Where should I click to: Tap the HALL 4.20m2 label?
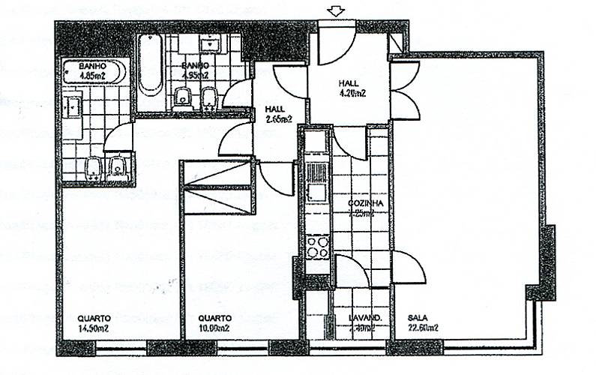coord(351,88)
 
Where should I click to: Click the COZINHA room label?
coord(366,208)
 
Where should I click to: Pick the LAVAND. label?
coord(365,322)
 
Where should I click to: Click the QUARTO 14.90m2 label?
coord(94,322)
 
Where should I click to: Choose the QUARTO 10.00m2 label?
coord(214,322)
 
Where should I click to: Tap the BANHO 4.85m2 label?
coord(94,70)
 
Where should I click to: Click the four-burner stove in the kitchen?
coord(318,246)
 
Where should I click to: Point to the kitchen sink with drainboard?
coord(316,184)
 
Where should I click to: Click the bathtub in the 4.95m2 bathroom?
coord(150,66)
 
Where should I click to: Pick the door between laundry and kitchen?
coord(349,271)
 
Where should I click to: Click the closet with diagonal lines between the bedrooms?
coord(217,187)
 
